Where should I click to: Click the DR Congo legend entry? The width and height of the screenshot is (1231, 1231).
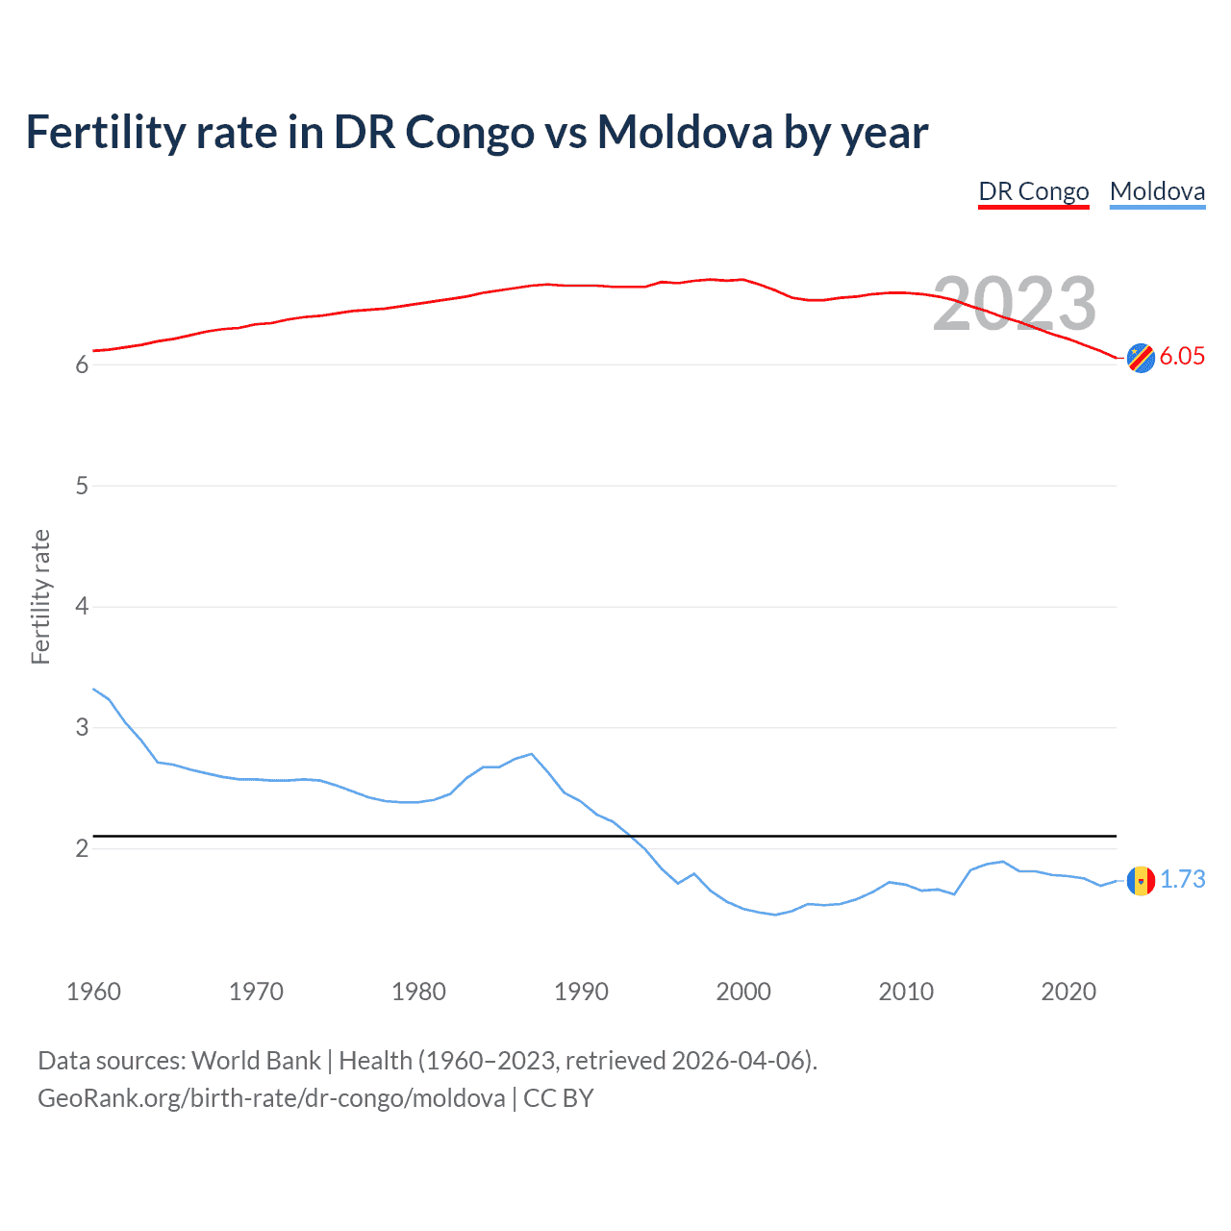click(x=1034, y=191)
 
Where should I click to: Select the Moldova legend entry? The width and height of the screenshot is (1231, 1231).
click(x=1157, y=191)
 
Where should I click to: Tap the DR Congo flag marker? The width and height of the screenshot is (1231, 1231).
click(x=1141, y=358)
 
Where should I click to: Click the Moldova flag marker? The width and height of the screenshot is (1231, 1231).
click(x=1141, y=880)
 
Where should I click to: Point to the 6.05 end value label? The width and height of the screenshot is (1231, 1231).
click(x=1182, y=357)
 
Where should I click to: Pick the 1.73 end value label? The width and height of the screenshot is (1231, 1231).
click(x=1182, y=879)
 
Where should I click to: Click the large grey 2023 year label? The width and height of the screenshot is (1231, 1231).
click(x=1015, y=304)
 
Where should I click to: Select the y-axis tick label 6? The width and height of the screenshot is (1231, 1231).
click(x=82, y=365)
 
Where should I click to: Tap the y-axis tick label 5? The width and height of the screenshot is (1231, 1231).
click(x=82, y=487)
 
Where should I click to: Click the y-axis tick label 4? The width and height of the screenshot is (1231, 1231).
click(x=82, y=607)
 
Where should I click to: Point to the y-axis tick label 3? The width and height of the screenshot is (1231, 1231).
click(x=82, y=728)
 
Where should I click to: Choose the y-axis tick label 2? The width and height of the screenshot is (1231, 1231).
click(x=82, y=848)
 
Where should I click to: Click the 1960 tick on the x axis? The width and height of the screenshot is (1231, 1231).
click(x=93, y=992)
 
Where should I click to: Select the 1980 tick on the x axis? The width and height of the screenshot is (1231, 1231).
click(x=418, y=992)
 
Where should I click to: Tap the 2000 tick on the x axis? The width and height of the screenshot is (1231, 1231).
click(x=743, y=992)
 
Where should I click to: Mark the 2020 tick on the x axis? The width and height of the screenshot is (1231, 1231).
click(x=1068, y=992)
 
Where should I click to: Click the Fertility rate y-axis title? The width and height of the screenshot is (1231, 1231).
click(x=40, y=596)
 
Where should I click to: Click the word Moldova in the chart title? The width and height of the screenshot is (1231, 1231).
click(x=685, y=132)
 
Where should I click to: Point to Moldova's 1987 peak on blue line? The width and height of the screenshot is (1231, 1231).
click(x=532, y=754)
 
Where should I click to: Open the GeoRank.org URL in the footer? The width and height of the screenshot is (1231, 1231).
click(x=271, y=1098)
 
